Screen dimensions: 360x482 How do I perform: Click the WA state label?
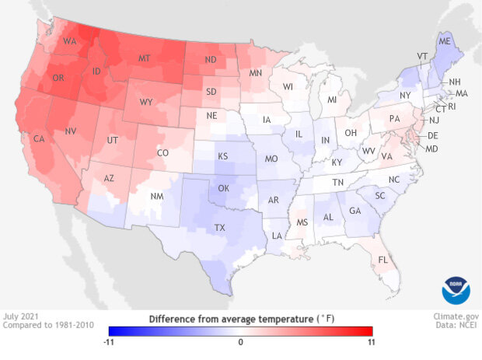click(69, 41)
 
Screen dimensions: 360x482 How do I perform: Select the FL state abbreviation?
click(383, 259)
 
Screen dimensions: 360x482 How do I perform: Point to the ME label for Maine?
click(445, 41)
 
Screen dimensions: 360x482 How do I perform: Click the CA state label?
click(39, 139)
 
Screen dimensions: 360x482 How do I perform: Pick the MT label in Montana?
click(165, 59)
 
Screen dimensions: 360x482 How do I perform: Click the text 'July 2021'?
click(20, 317)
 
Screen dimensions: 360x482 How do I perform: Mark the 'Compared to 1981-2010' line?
click(44, 327)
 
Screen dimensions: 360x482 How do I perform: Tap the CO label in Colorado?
click(162, 153)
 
